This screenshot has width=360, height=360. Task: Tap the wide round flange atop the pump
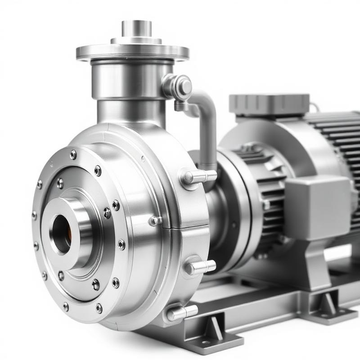(x=132, y=51)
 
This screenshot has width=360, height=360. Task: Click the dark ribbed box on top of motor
(x=269, y=104)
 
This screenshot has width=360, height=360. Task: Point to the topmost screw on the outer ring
(x=73, y=155)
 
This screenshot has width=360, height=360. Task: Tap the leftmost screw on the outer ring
(x=34, y=216)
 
